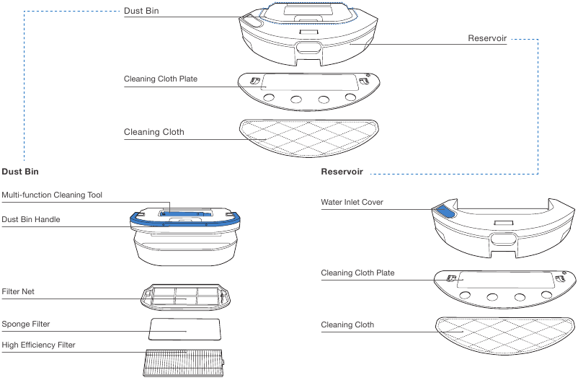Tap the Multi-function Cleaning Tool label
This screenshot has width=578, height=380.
pyautogui.click(x=52, y=195)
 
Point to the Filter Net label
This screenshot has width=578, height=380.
pyautogui.click(x=18, y=291)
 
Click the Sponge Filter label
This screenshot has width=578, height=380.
pyautogui.click(x=26, y=324)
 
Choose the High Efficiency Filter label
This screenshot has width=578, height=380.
pyautogui.click(x=38, y=345)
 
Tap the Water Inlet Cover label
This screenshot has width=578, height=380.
pyautogui.click(x=352, y=203)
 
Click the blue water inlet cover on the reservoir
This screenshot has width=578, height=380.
pyautogui.click(x=443, y=211)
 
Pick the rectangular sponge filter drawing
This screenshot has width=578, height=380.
pyautogui.click(x=184, y=328)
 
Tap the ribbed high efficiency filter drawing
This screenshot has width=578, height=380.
pyautogui.click(x=184, y=361)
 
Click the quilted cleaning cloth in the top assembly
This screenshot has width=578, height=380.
pyautogui.click(x=307, y=135)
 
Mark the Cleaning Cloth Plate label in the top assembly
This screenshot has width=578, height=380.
pyautogui.click(x=161, y=79)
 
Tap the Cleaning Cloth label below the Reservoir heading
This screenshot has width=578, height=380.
pyautogui.click(x=347, y=325)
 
